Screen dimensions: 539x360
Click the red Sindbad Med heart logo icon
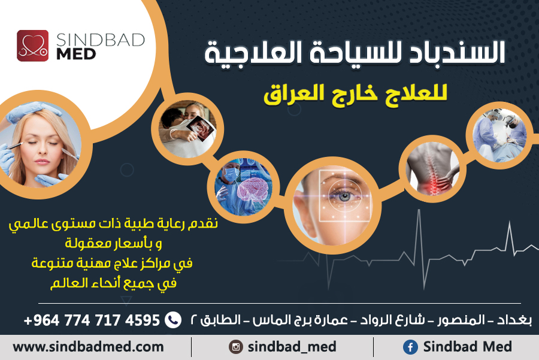point(33,46)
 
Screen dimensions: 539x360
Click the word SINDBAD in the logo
point(101,40)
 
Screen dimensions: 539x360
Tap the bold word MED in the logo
point(76,55)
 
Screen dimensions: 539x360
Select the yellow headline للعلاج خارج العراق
point(356,95)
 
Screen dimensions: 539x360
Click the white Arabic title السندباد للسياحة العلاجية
point(355,53)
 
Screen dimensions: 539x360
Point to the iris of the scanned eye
point(344,196)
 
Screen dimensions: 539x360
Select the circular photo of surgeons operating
point(499,135)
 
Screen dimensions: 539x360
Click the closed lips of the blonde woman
point(42,161)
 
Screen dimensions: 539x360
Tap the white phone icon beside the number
point(173,320)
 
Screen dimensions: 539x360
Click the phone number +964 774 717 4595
point(92,320)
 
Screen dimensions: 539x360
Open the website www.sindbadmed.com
point(88,347)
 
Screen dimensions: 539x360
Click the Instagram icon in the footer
point(236,347)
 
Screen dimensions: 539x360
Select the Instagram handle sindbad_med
point(292,347)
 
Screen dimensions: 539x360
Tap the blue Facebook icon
point(410,347)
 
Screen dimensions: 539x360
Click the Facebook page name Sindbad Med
point(467,347)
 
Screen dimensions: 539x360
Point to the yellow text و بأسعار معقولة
point(114,243)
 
